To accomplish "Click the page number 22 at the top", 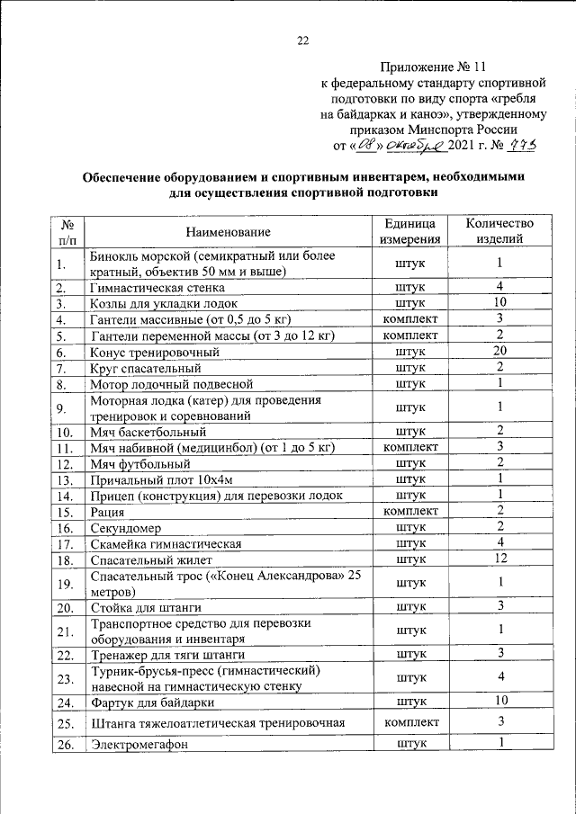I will point(302,40).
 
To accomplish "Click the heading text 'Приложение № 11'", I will point(436,67).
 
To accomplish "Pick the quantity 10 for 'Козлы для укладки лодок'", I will point(499,302).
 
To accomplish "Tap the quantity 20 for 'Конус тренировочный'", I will point(499,351).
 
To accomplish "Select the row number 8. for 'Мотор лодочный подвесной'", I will point(61,385).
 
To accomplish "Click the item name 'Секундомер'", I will point(126,528).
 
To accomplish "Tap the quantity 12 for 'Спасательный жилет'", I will point(499,559).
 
